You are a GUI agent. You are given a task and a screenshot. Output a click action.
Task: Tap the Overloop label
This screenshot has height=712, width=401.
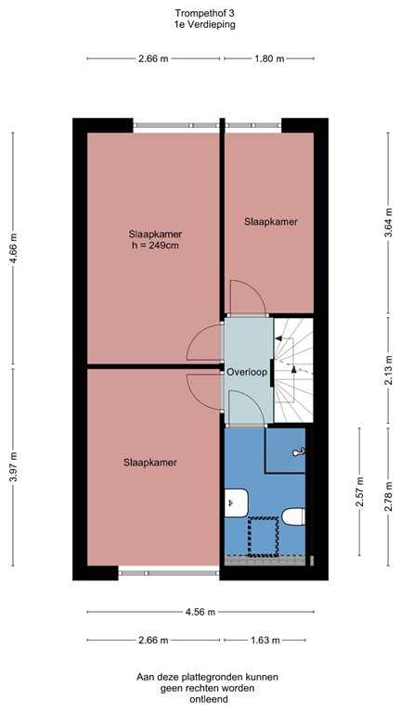247,372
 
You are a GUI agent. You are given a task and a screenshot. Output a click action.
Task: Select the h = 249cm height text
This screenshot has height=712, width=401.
154,246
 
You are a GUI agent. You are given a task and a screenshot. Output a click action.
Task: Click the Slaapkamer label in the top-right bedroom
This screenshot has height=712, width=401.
271,222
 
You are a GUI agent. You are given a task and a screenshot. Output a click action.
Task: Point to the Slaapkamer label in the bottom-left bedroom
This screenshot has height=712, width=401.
150,461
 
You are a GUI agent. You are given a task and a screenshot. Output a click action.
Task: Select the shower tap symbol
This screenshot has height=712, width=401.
297,451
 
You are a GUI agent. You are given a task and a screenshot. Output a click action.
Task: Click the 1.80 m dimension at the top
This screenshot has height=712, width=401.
269,59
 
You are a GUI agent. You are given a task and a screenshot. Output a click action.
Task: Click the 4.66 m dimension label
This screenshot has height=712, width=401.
13,248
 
